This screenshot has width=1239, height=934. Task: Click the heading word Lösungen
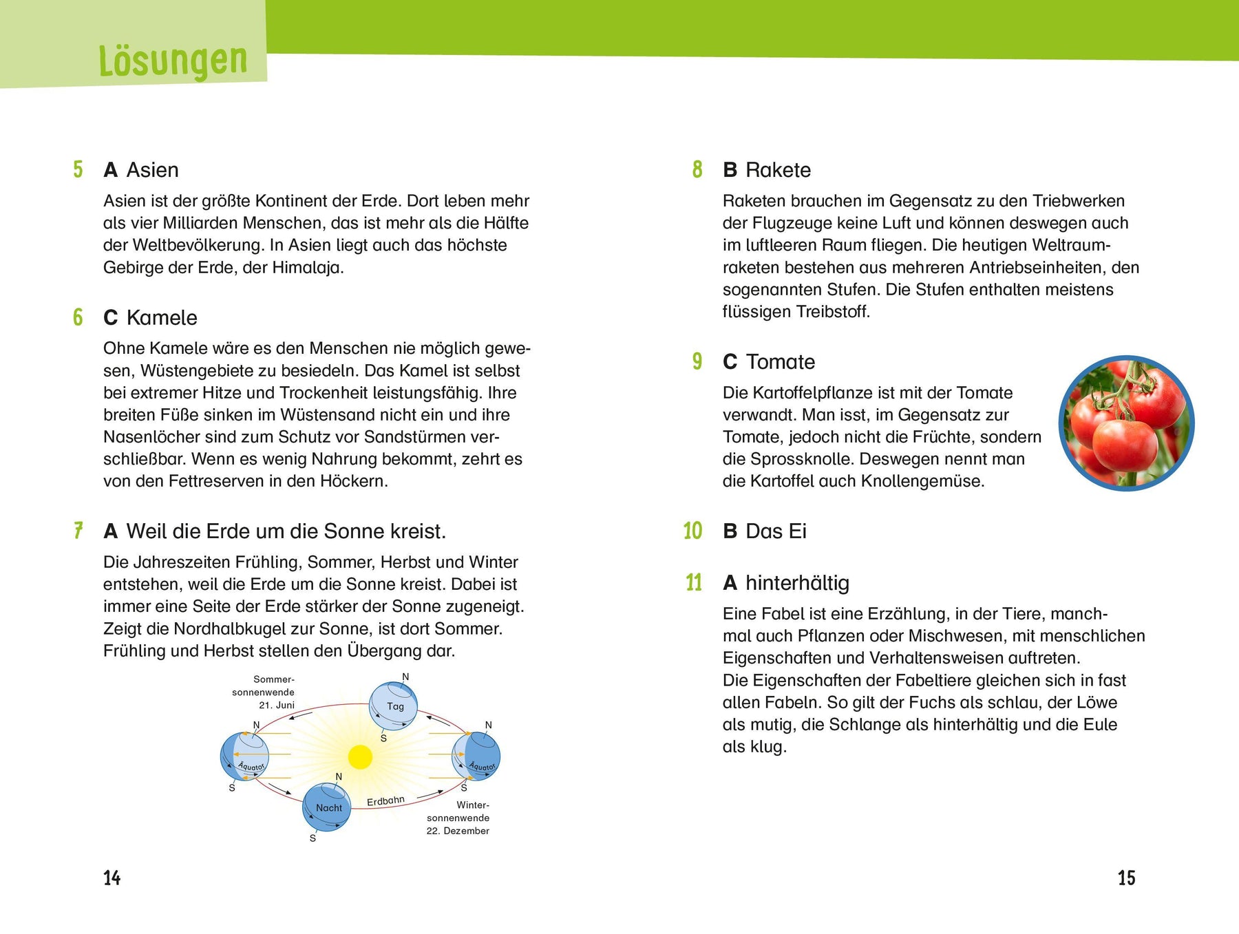coord(173,61)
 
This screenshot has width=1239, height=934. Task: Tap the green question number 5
coord(78,169)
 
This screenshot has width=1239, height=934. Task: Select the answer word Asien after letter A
coord(152,170)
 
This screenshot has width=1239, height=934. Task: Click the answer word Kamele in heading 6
coord(162,318)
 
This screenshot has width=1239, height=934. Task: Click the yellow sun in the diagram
coord(360,756)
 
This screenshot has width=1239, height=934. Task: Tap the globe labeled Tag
coord(394,705)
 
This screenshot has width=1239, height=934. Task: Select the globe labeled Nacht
coord(328,807)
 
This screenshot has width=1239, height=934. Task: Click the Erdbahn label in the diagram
coord(385,801)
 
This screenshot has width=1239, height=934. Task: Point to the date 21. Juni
coord(277,705)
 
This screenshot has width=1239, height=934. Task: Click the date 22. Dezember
coord(458,831)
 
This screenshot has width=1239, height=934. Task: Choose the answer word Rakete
coord(778,170)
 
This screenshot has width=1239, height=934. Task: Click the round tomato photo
coord(1126,423)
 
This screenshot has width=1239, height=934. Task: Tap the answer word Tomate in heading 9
coord(781,362)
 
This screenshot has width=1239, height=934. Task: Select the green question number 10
coord(692,531)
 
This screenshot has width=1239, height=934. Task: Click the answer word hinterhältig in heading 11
coord(797,583)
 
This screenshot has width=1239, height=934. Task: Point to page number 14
coord(112,878)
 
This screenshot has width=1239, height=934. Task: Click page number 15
coord(1126,878)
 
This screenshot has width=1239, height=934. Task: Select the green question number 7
coord(78,531)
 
